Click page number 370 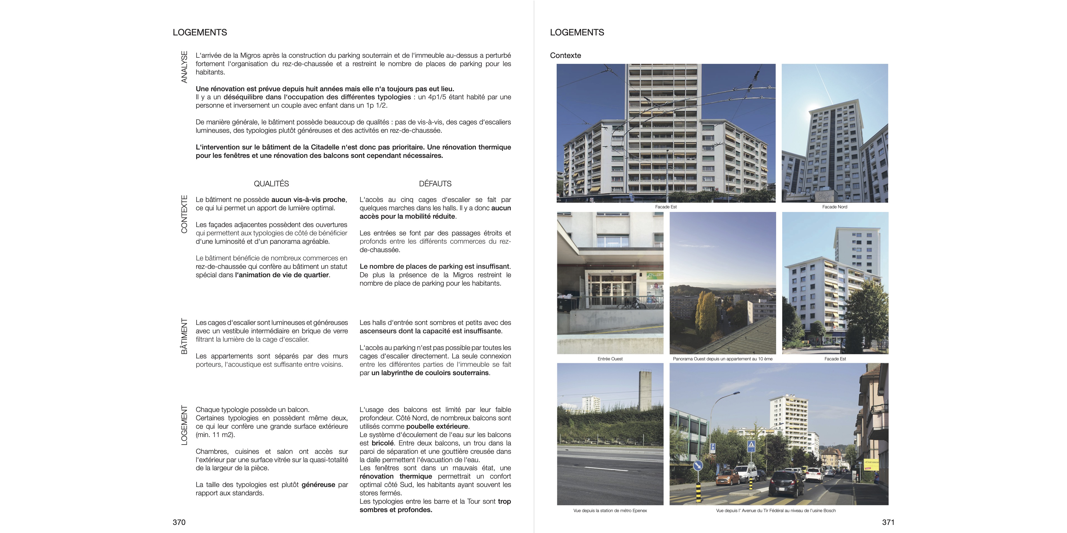pos(179,522)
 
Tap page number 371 pos(888,522)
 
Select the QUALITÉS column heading pos(271,184)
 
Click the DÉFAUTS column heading pos(435,184)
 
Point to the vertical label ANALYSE pos(184,67)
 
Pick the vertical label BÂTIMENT pos(184,336)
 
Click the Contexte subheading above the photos pos(565,56)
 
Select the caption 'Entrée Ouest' pos(610,359)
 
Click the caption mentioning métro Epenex pos(610,511)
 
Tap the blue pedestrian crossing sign pos(751,446)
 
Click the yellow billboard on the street pos(871,464)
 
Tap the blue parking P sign pos(712,447)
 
